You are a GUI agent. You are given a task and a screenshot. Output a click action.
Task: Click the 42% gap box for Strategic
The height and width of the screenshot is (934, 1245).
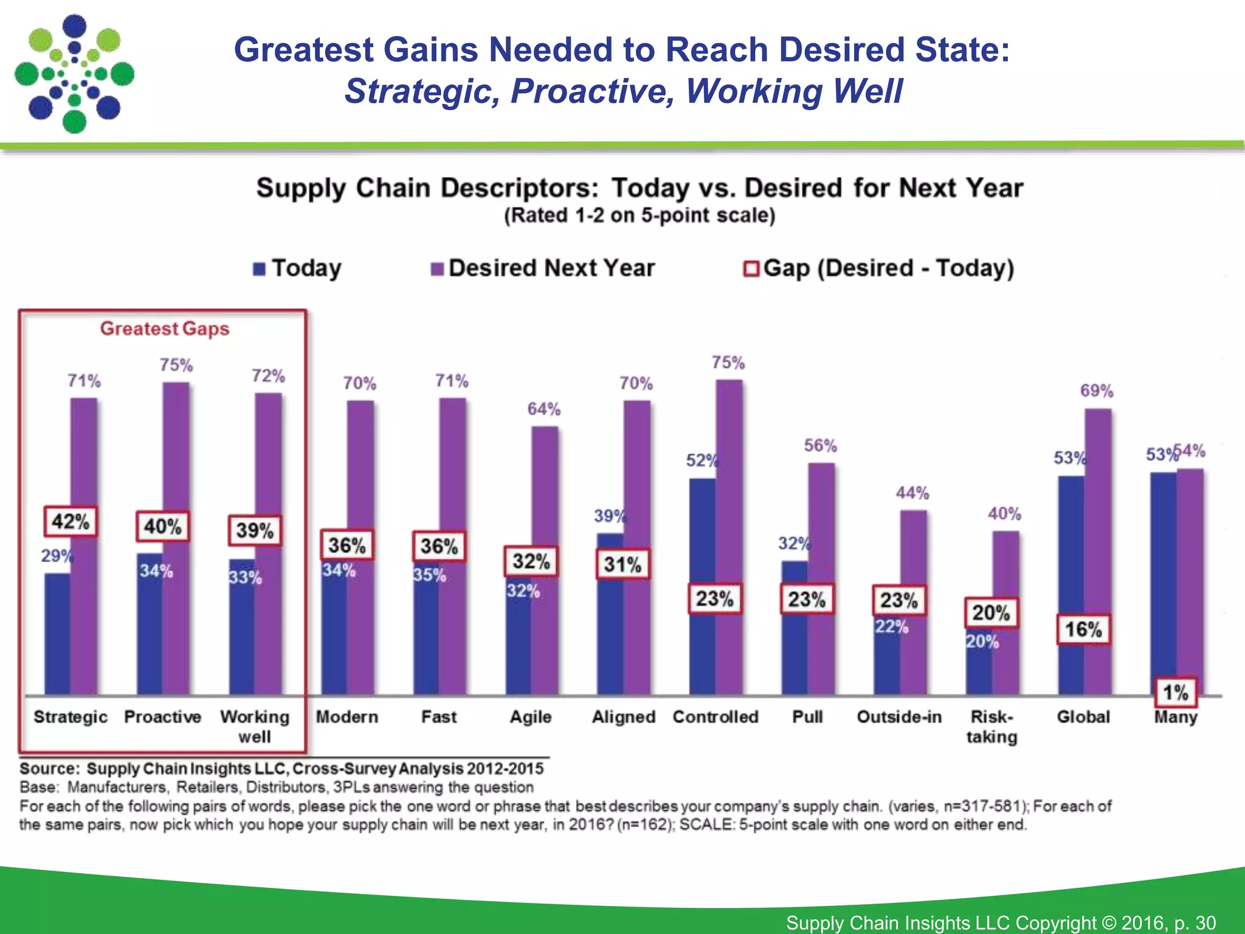71,521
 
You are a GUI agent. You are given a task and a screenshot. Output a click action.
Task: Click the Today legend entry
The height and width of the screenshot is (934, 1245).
298,268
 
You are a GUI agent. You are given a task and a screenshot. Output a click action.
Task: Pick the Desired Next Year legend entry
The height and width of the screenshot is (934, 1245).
543,268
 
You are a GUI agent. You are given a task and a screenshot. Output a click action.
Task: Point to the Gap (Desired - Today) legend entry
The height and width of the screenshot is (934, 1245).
879,268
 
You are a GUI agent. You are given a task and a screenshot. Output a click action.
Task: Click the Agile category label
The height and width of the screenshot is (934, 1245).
531,717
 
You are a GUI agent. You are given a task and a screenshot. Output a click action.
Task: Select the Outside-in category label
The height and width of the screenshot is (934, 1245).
899,717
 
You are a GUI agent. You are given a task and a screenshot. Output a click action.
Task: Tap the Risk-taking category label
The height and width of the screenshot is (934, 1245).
992,727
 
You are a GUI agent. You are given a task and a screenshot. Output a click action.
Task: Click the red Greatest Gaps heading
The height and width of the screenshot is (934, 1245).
165,329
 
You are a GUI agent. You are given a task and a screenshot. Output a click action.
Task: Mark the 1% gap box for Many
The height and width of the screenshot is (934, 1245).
1176,692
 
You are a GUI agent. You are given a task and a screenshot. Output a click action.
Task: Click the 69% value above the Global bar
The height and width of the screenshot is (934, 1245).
1096,391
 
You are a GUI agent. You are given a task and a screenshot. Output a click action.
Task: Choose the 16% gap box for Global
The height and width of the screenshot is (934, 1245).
1083,629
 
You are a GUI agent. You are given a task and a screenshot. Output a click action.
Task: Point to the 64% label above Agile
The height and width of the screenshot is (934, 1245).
543,409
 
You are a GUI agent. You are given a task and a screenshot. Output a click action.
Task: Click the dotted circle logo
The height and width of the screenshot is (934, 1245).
74,74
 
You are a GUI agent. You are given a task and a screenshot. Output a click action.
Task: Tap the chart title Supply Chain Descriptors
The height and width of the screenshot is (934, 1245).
640,188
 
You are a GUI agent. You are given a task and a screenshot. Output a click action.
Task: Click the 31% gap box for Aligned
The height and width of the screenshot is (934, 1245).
622,564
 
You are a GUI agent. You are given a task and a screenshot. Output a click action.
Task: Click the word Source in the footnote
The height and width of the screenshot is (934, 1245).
49,769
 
